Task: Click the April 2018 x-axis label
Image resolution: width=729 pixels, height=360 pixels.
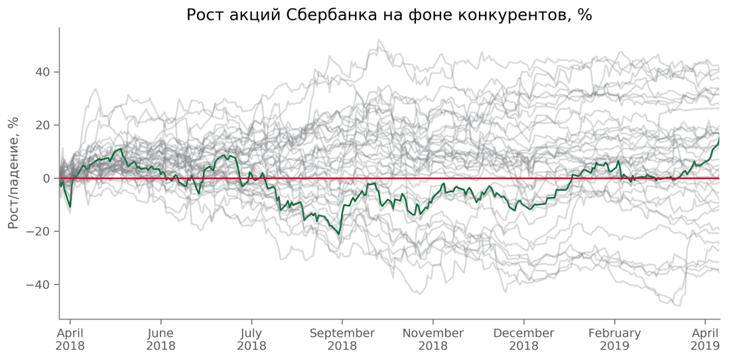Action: (x=70, y=339)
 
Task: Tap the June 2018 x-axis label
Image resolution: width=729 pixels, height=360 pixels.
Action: (x=161, y=339)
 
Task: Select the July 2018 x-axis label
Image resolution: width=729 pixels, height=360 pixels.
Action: (x=251, y=339)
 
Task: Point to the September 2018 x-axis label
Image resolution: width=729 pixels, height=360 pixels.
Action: (x=342, y=339)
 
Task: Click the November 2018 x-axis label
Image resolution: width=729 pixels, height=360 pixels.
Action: (x=433, y=339)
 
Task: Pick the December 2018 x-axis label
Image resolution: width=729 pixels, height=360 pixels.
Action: (x=523, y=339)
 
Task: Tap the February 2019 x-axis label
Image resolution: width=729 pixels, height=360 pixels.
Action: (x=614, y=339)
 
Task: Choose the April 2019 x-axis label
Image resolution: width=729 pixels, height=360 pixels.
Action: (x=705, y=339)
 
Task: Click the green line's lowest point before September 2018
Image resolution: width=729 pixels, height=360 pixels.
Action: (x=339, y=234)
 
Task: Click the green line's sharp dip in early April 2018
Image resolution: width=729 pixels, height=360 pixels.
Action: (x=70, y=207)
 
